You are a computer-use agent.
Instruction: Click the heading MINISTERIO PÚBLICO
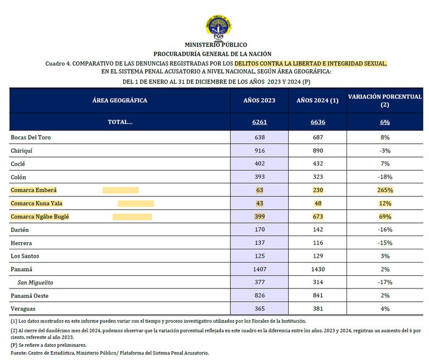click(216, 45)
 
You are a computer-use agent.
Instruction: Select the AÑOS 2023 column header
click(260, 101)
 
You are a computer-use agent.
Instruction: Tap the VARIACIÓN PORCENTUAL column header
click(385, 100)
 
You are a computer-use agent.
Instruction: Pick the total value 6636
click(317, 122)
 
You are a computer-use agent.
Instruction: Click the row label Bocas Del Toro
click(31, 137)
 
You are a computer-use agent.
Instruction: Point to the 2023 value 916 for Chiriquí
click(260, 150)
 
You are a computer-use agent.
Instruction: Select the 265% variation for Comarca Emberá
click(385, 190)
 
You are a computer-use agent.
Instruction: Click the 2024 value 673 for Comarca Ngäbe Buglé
click(317, 217)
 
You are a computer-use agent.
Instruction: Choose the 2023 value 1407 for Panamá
click(260, 269)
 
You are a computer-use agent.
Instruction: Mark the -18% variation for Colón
click(385, 177)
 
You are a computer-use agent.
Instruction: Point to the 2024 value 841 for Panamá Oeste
click(317, 296)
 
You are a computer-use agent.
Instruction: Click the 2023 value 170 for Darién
click(260, 230)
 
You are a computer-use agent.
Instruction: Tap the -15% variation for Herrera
click(385, 243)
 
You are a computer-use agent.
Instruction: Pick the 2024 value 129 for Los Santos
click(317, 256)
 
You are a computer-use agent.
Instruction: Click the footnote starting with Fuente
click(110, 352)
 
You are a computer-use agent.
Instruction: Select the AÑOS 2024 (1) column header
click(317, 101)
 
